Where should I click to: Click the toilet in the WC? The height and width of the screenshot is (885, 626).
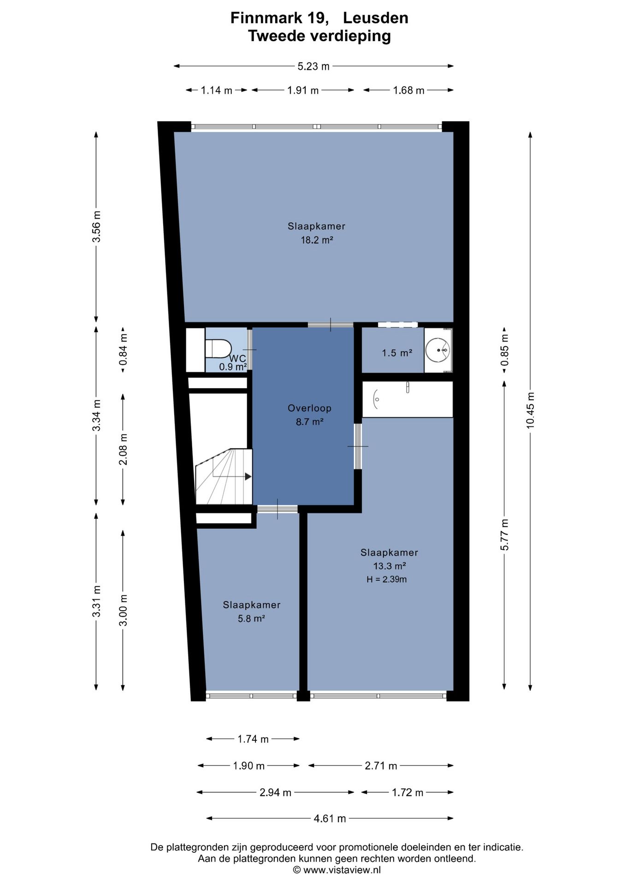(x=218, y=348)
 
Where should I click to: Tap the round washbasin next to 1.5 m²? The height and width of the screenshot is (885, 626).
(x=437, y=350)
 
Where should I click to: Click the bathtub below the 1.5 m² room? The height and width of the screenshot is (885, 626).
(x=407, y=399)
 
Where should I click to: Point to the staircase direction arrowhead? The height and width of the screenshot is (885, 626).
(x=248, y=476)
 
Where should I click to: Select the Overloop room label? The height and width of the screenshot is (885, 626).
(x=309, y=408)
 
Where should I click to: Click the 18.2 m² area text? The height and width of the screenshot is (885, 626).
(x=317, y=240)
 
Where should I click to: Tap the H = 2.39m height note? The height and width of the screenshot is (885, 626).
(x=387, y=579)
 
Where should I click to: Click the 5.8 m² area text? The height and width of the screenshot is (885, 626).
(x=251, y=619)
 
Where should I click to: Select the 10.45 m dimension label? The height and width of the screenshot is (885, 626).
(x=531, y=411)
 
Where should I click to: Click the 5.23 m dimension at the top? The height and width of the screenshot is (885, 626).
(x=313, y=66)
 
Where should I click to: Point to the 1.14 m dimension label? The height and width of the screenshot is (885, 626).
(x=217, y=90)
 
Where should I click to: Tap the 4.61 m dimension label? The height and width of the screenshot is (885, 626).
(x=330, y=819)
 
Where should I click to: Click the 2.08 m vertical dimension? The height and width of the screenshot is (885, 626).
(x=124, y=449)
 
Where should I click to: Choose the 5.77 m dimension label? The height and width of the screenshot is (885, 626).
(x=505, y=535)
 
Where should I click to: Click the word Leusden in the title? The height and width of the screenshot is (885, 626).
(x=376, y=18)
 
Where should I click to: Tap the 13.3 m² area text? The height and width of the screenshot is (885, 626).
(x=390, y=566)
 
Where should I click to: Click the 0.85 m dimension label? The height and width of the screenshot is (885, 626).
(x=505, y=350)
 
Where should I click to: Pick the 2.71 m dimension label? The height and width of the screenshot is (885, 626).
(x=381, y=766)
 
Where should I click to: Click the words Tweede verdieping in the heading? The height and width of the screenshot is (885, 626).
(x=319, y=36)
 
